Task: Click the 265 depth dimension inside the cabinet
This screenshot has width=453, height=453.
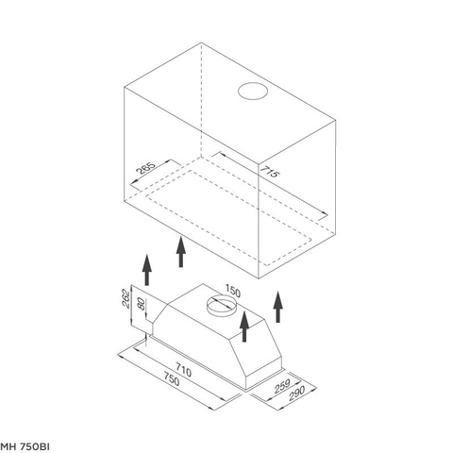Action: point(145,168)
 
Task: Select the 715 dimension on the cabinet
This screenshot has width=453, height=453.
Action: point(269,172)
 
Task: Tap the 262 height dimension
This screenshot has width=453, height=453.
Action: point(126,298)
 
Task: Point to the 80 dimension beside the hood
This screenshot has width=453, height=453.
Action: point(142,304)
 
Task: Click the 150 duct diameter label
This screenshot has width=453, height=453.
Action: point(233,291)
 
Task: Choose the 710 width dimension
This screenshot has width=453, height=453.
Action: point(183,370)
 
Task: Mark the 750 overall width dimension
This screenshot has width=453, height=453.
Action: point(172,378)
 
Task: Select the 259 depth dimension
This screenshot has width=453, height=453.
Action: point(282,386)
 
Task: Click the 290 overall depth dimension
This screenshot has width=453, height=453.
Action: point(296,393)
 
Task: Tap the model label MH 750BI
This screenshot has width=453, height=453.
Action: point(25,446)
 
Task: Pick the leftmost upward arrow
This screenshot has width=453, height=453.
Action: point(146,270)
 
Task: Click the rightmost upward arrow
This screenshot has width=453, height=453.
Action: point(277,307)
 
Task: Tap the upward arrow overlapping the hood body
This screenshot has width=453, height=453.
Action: point(244,327)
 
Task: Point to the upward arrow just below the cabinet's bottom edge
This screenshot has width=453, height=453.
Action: point(181,252)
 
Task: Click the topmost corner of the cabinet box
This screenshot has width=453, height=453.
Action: point(201,42)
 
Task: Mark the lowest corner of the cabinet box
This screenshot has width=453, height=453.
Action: point(259,278)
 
